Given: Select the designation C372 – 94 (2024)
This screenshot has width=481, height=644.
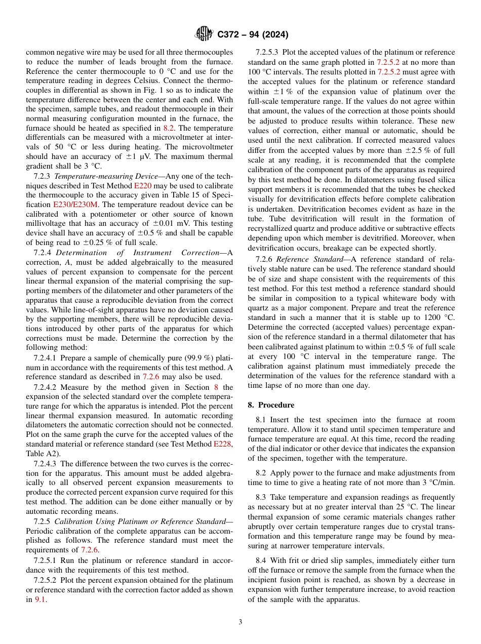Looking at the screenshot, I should click(x=253, y=35).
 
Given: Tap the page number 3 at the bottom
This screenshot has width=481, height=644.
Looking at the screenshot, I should click(x=240, y=622).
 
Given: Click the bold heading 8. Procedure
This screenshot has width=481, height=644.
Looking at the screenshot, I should click(x=271, y=405).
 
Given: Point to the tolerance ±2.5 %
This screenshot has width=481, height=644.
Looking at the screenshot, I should click(x=411, y=151).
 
